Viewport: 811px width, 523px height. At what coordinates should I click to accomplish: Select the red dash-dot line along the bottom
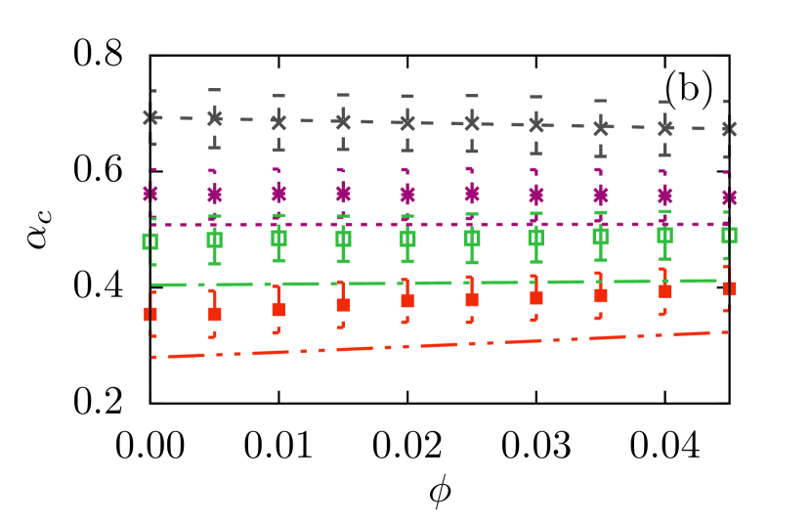440,345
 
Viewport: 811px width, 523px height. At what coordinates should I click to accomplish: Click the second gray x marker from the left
215,118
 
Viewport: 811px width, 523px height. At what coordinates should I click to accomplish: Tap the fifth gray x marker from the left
407,122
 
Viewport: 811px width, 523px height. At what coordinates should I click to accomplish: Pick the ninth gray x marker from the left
665,127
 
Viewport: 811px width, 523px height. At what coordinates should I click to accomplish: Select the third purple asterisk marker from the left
278,193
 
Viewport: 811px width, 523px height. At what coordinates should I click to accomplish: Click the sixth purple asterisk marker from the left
472,194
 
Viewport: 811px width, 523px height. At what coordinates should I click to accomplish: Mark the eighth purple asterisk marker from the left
601,196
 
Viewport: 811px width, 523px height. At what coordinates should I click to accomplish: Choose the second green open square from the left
214,240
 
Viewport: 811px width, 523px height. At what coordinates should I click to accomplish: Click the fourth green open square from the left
343,239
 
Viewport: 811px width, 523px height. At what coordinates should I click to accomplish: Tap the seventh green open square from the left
535,237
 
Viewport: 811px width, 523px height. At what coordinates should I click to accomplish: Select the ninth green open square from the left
664,235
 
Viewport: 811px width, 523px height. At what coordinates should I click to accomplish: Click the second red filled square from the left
215,314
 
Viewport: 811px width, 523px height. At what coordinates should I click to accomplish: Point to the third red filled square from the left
278,309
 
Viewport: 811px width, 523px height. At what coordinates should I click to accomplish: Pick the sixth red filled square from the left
472,299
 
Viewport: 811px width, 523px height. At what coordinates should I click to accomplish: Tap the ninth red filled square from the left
665,291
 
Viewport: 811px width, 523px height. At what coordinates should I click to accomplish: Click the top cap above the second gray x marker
214,90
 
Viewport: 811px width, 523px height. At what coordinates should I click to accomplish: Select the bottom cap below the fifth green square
407,262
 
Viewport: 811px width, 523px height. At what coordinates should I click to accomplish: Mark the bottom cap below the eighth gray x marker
600,155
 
